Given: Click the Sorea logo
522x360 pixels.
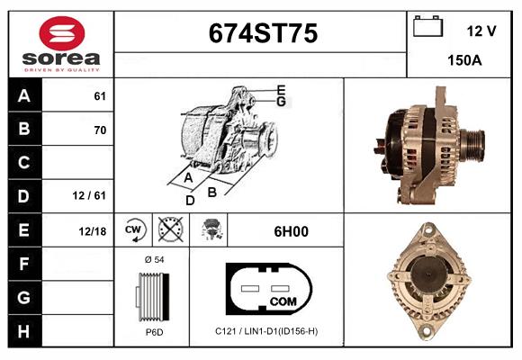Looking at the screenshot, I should [61, 45].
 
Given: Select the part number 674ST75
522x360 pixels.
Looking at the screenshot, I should [262, 34].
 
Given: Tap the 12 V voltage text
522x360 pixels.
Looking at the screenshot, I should [481, 31].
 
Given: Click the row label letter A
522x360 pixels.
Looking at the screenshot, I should [22, 96].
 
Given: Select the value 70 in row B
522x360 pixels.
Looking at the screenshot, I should [100, 130].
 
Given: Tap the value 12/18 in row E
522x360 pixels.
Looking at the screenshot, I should [93, 231].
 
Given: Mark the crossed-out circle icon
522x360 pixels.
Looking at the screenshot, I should [168, 230].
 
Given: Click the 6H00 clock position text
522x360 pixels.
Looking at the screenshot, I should [291, 231].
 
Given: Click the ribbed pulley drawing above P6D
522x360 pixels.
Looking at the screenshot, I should [152, 295].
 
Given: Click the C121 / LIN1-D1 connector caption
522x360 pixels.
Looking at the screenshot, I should [265, 331].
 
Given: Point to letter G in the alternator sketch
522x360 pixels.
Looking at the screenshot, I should [282, 102].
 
